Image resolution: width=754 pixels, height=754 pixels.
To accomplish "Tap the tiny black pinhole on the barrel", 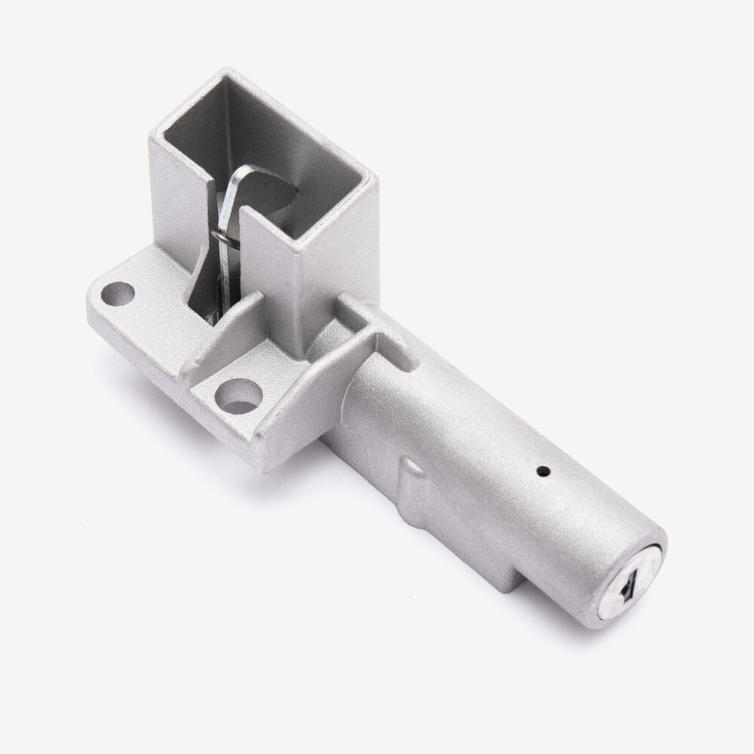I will (542, 472).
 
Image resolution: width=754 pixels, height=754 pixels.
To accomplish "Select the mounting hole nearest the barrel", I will (238, 395).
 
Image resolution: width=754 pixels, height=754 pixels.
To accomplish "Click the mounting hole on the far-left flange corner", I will (117, 293).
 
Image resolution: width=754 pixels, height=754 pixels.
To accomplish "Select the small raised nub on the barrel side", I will (412, 471).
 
